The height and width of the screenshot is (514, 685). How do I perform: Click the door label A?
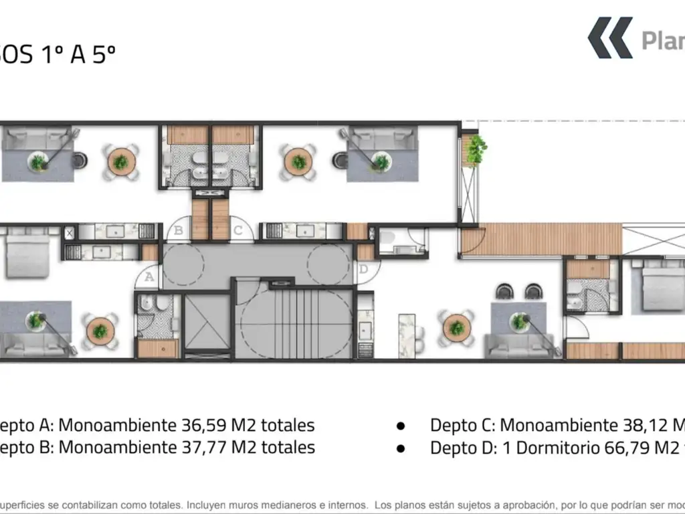tap(149, 275)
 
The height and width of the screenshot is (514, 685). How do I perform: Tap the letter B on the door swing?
tap(179, 231)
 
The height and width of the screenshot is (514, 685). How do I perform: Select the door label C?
tap(237, 231)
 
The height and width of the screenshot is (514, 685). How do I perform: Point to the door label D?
tap(363, 270)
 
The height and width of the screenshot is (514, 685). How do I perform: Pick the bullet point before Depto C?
tap(401, 426)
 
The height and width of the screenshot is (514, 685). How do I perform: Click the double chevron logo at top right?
tap(610, 38)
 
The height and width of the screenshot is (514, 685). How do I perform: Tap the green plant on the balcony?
tap(476, 149)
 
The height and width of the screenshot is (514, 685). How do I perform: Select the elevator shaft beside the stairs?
tap(207, 323)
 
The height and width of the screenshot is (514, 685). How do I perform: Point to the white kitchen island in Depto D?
tap(407, 333)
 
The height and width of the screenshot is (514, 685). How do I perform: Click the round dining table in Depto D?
tap(456, 328)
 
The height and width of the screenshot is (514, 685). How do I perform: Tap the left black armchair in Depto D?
tap(504, 292)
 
